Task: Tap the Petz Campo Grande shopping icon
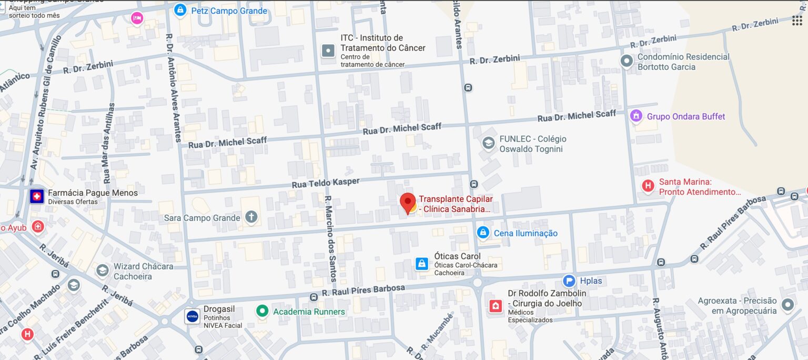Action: pos(180,10)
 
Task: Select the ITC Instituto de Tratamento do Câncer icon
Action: pos(328,51)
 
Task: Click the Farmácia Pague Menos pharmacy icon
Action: pos(36,197)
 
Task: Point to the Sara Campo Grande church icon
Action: pos(251,217)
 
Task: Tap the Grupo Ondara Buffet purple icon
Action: pos(637,116)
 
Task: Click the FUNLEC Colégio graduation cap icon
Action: pos(489,143)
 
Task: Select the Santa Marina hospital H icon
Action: pos(648,186)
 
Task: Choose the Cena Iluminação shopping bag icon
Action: pos(483,233)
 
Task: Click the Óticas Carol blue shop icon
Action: pos(421,264)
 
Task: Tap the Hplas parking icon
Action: pos(569,281)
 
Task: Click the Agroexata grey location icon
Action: pos(787,305)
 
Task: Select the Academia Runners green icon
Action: pos(262,311)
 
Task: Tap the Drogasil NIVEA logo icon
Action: pos(192,316)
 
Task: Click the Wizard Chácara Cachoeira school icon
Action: pos(103,271)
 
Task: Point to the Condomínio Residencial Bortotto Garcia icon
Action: pos(627,61)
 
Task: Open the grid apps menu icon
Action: pos(797,21)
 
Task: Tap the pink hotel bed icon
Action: pos(137,18)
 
